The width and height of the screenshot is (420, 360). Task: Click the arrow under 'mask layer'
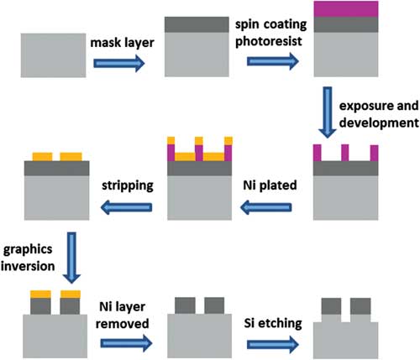tap(119, 63)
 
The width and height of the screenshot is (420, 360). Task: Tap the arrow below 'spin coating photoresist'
tap(273, 61)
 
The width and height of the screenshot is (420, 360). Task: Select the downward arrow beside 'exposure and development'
tap(328, 112)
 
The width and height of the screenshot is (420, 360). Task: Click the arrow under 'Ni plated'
tap(265, 207)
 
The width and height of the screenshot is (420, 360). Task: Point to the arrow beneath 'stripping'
tap(126, 207)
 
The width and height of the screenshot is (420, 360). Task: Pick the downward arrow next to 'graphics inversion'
tap(71, 258)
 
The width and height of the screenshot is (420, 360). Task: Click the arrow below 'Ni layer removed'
tap(126, 343)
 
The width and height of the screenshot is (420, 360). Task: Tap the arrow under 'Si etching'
tap(273, 344)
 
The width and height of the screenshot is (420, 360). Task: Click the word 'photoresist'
tap(269, 41)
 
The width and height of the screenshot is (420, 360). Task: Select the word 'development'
tap(379, 123)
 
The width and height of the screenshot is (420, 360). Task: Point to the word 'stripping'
tap(128, 185)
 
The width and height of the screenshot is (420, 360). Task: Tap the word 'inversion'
tap(28, 266)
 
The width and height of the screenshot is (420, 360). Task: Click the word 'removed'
tap(123, 324)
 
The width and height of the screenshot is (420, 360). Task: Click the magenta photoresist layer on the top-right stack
tap(346, 9)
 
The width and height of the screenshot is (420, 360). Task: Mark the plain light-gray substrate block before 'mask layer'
tap(53, 55)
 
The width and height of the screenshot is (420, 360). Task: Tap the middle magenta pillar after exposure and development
tap(345, 153)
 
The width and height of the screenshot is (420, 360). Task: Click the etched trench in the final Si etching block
tap(346, 318)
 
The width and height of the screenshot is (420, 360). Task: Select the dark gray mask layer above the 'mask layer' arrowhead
tap(197, 24)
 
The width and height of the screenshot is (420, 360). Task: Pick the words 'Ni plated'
tap(270, 185)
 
